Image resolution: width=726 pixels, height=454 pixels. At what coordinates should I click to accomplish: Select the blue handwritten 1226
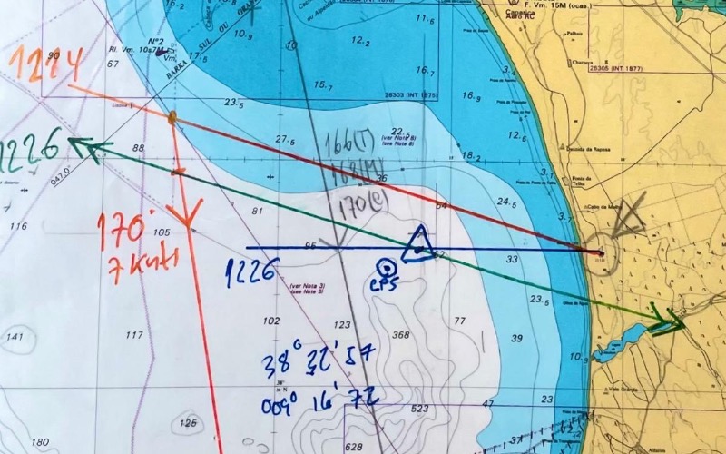point(252,271)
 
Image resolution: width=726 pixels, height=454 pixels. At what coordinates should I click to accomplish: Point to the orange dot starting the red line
point(172,116)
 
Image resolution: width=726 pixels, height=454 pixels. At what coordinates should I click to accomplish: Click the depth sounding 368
point(401,335)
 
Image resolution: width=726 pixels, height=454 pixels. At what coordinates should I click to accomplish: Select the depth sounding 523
point(418,409)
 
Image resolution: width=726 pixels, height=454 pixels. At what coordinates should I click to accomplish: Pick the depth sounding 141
point(15,337)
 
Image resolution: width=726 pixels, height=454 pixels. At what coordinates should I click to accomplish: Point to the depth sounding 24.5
point(506,202)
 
